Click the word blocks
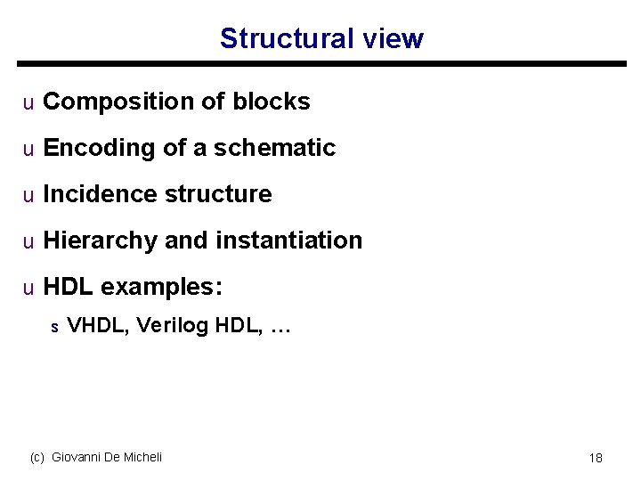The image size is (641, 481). pos(272,102)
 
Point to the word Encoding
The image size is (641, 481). pos(100,148)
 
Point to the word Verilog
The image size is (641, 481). pos(173,326)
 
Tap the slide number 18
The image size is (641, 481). pos(596,458)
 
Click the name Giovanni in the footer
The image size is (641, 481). pos(77,457)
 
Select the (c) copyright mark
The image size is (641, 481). pos(37,457)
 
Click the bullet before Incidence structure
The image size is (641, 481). pos(28,195)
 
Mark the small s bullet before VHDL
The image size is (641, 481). pos(54,328)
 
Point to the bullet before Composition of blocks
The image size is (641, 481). pos(28,103)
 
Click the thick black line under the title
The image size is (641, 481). pos(320,64)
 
